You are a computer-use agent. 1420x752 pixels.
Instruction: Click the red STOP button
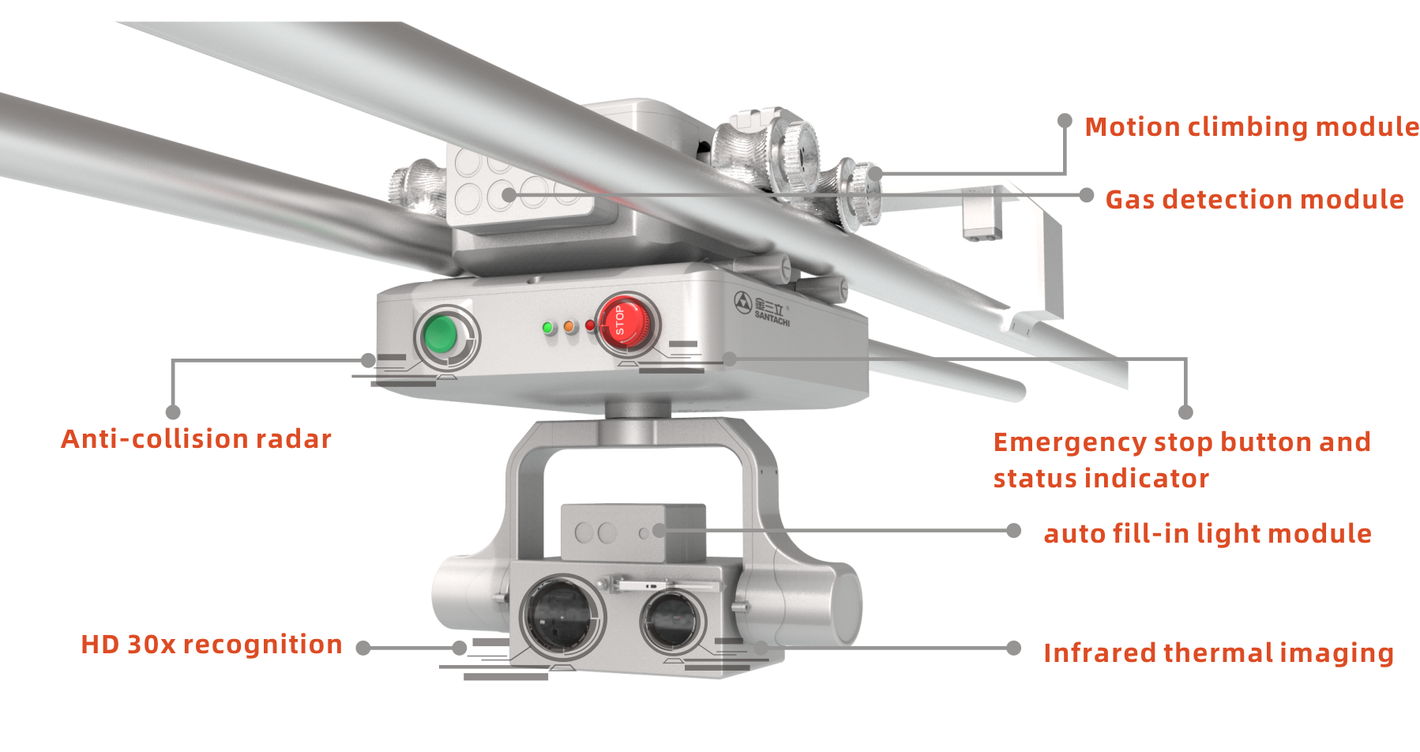tap(625, 323)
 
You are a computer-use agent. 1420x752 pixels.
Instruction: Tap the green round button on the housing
tap(440, 335)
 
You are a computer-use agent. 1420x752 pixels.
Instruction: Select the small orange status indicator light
tap(569, 327)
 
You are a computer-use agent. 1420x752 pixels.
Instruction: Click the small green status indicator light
tap(548, 328)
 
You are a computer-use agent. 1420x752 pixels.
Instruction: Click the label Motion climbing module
tap(1252, 127)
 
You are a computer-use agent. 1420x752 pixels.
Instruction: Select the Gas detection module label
tap(1254, 200)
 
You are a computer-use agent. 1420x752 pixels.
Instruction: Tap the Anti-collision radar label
tap(197, 439)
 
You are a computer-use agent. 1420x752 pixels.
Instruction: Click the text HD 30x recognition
tap(212, 645)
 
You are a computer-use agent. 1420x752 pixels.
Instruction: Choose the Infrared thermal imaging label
tap(1219, 653)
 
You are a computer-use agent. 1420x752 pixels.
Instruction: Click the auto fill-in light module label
tap(1208, 534)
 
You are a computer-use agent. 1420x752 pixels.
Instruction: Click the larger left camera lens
tap(562, 617)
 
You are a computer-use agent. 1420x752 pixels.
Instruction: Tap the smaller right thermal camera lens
tap(673, 619)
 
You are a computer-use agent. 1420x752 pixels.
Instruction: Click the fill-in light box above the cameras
tap(633, 533)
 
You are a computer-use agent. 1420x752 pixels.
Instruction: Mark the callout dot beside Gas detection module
tap(1087, 195)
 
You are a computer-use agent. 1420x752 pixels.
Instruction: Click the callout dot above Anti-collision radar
tap(173, 412)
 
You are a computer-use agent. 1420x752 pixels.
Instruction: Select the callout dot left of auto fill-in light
tap(1014, 531)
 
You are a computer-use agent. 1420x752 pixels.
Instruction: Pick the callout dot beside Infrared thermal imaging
tap(1014, 649)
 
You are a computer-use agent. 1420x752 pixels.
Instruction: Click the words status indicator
tap(1101, 479)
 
